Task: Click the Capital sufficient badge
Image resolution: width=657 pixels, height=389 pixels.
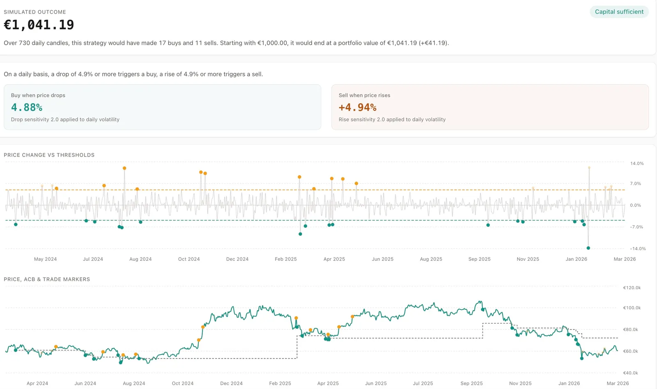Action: click(619, 12)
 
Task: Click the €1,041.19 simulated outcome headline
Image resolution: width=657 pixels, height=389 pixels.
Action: click(39, 25)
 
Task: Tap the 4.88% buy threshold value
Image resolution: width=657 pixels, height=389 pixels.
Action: click(27, 108)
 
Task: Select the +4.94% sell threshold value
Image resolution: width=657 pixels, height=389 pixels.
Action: click(357, 108)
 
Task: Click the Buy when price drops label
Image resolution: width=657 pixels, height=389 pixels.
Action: click(38, 95)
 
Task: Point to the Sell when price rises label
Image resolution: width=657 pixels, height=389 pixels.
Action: click(364, 95)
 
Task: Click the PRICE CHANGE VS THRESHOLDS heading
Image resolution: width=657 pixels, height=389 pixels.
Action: click(49, 155)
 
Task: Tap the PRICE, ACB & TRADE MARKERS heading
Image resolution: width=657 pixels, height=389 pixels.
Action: click(47, 279)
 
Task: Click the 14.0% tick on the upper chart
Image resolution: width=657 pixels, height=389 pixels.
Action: click(637, 163)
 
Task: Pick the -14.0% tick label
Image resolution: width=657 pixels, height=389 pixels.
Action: click(638, 249)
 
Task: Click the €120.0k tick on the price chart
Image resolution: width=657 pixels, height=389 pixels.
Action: click(632, 288)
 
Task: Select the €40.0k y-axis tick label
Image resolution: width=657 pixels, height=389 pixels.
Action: click(630, 373)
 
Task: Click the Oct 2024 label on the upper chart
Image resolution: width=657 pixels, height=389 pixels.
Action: click(189, 259)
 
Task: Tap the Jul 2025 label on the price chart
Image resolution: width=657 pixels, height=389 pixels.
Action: click(423, 383)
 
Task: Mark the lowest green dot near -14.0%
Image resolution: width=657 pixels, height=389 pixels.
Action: click(588, 248)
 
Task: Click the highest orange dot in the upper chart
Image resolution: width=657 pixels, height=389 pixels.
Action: click(124, 168)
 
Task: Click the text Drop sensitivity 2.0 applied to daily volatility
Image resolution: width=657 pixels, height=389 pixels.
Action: click(65, 120)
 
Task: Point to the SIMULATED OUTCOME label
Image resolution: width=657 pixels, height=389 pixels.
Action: click(35, 12)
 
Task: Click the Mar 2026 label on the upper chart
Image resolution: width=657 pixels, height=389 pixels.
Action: click(625, 259)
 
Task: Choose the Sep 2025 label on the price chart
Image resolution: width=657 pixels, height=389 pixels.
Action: click(471, 383)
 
